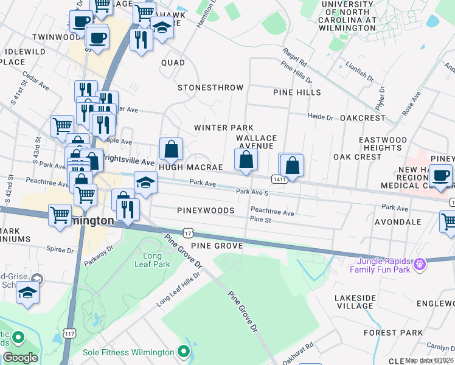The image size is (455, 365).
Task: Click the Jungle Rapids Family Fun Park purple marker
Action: pos(419,265)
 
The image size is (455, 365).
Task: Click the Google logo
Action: pos(20,358)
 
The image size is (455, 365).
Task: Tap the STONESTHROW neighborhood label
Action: pos(210,88)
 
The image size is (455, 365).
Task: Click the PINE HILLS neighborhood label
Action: pos(297,92)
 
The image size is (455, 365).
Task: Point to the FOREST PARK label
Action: pos(401,333)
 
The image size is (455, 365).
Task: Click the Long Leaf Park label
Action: pos(156,260)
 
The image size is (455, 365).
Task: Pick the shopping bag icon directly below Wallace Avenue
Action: pos(246,161)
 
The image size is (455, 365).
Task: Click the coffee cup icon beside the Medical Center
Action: pos(440,176)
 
